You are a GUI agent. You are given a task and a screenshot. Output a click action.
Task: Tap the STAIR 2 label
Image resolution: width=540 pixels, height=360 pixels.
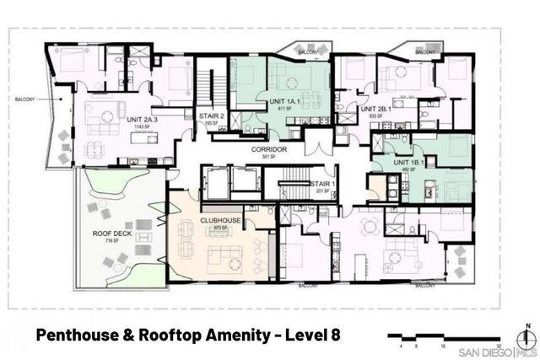[x=211, y=116]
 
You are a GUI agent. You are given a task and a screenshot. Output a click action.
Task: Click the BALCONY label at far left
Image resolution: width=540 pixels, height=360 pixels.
[x=25, y=100]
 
